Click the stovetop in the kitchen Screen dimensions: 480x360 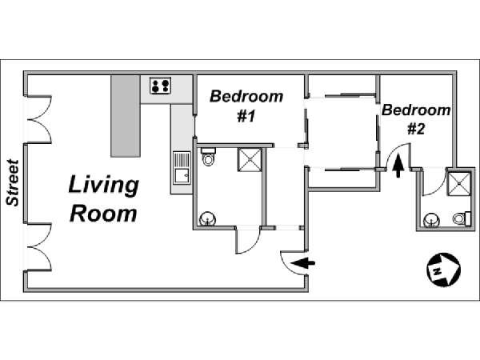161,86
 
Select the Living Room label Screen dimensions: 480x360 103,198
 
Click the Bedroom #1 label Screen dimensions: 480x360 246,106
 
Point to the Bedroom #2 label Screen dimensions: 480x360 416,119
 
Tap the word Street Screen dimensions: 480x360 13,182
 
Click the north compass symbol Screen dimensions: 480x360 443,270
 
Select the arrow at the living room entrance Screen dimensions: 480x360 302,263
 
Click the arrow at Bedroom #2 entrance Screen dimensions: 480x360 398,166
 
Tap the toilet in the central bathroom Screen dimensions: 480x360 209,157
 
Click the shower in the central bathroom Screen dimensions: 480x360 250,159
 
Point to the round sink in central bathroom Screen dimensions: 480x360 207,219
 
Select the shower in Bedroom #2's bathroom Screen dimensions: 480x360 459,183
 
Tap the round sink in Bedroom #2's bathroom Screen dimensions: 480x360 432,220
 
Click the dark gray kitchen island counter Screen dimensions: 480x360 126,116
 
